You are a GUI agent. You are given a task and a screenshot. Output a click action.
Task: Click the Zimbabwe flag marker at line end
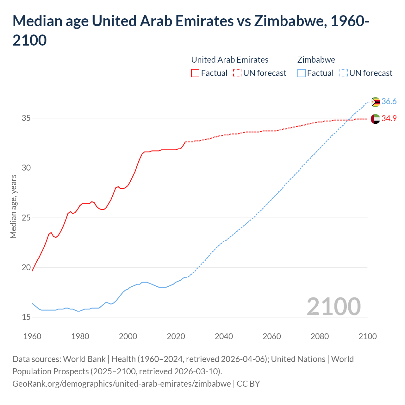[x=376, y=102]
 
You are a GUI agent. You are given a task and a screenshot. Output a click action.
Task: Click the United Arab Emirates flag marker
[x=375, y=119]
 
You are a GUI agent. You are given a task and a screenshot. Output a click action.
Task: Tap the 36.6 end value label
[x=389, y=101]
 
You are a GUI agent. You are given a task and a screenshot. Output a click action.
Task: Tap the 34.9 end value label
[x=389, y=118]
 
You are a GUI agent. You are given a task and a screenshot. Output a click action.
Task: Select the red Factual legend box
[x=195, y=73]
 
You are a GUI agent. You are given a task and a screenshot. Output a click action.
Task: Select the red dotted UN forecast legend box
[x=237, y=73]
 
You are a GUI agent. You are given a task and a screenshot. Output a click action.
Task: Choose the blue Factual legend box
[x=302, y=73]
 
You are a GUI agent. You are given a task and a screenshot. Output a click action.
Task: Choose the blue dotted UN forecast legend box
[x=343, y=73]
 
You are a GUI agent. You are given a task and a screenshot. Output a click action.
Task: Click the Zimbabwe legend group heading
[x=316, y=60]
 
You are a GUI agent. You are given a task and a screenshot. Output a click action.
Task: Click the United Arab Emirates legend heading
[x=230, y=60]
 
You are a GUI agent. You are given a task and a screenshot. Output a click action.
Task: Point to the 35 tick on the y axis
[x=26, y=118]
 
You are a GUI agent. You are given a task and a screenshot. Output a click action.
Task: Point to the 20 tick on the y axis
[x=26, y=267]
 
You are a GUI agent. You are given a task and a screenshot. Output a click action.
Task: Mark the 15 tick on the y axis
[x=26, y=317]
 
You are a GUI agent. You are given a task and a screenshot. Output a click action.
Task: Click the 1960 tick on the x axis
[x=32, y=336]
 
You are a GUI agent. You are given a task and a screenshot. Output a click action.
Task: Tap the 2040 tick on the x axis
[x=224, y=336]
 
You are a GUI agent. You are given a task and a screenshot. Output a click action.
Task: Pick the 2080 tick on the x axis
[x=320, y=336]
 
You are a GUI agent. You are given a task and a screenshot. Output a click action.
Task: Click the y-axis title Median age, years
[x=13, y=206]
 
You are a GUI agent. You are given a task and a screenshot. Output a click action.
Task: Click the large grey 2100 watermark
[x=333, y=306]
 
